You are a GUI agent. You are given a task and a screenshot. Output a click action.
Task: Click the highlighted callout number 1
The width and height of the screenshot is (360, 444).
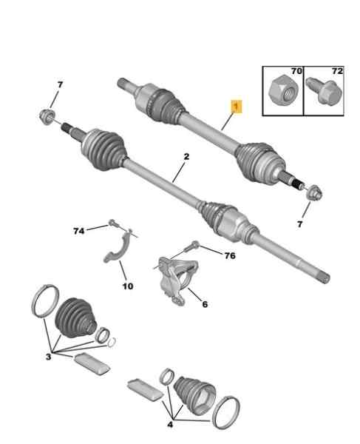(237, 107)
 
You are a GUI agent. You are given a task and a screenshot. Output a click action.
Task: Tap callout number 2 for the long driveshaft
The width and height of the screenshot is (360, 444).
(186, 157)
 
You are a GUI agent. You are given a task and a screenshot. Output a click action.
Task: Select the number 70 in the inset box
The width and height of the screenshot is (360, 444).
(296, 71)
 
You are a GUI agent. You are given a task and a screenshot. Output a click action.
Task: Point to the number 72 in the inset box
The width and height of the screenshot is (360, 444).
(337, 71)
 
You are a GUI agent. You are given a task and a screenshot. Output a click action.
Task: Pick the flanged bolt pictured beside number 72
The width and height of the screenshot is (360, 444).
(325, 91)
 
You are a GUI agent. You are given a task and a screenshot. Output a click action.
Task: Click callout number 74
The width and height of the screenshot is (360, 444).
(79, 232)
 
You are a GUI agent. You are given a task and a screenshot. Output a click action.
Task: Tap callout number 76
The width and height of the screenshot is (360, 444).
(230, 256)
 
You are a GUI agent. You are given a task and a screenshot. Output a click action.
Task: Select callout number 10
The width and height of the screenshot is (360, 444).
(128, 286)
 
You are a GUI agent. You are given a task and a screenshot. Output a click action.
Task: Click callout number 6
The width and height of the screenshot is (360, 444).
(205, 304)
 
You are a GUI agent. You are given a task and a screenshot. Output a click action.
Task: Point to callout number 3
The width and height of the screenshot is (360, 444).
(48, 357)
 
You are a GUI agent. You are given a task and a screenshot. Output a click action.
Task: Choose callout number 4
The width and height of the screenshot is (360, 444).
(170, 425)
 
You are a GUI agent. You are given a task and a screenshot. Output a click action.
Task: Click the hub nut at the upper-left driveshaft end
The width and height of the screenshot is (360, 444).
(47, 117)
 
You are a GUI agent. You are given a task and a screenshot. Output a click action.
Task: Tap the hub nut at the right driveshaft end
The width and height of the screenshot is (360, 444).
(314, 193)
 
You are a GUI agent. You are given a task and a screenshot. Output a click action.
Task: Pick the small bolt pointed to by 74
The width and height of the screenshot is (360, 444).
(113, 223)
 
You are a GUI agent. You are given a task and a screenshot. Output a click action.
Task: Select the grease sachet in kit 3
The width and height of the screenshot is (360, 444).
(92, 364)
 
